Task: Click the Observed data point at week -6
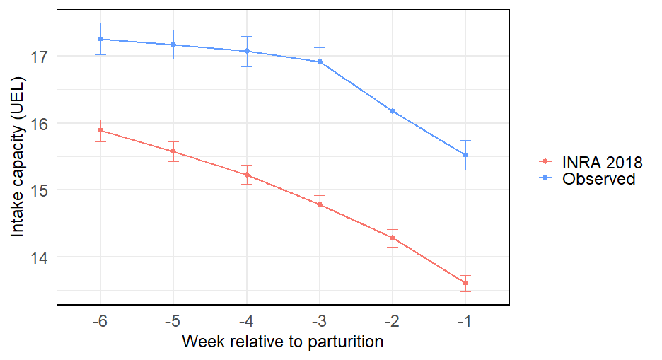[x=100, y=39]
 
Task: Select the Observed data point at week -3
[x=320, y=62]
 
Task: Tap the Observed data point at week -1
[x=465, y=155]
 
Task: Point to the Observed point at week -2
[x=393, y=111]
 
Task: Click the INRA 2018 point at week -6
[x=100, y=130]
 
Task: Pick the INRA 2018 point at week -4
[x=247, y=175]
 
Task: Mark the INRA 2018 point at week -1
[x=465, y=283]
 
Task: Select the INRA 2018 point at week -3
[x=320, y=204]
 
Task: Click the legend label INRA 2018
[x=602, y=162]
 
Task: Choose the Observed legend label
[x=598, y=179]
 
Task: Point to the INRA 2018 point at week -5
[x=173, y=151]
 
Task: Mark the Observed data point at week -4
[x=247, y=51]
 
